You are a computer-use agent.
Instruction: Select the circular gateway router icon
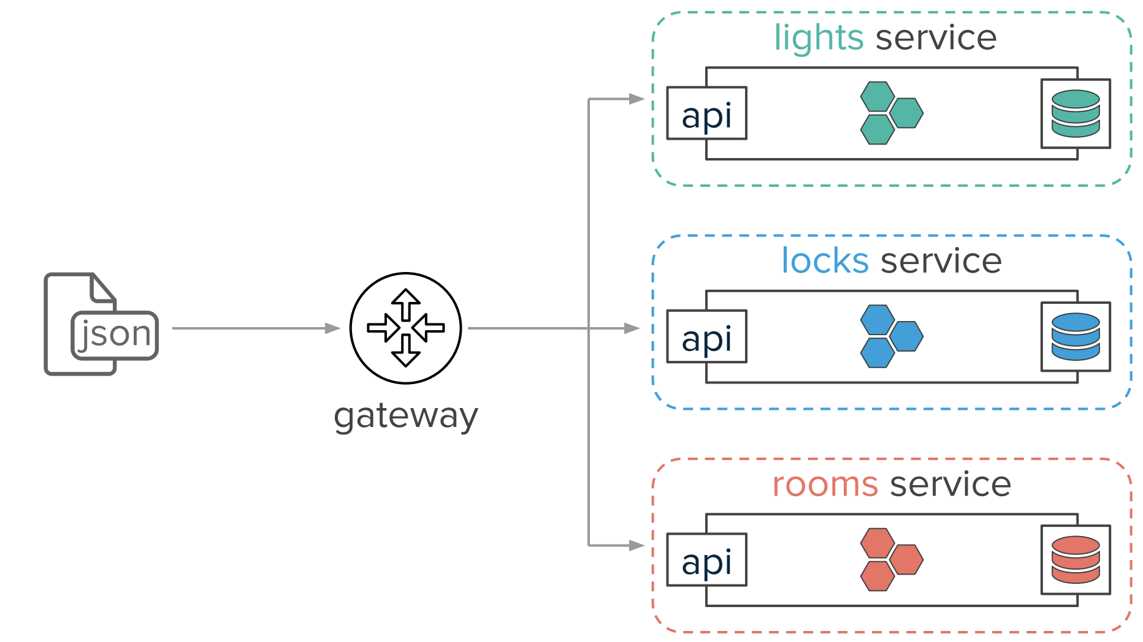(406, 328)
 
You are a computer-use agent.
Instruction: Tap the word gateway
(406, 417)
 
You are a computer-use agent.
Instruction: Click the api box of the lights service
(707, 113)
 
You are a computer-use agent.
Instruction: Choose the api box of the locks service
(707, 336)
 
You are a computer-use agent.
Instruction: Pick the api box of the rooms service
(707, 560)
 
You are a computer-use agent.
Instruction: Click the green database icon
(1076, 113)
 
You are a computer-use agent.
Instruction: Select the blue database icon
(1076, 336)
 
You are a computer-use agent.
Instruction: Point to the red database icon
(1076, 560)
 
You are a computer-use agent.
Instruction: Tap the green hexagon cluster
(892, 113)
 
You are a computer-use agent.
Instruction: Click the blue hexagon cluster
(892, 336)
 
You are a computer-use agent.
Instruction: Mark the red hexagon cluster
(892, 560)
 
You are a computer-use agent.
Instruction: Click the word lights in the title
(819, 39)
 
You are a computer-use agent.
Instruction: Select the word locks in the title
(825, 260)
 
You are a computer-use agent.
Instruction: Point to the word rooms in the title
(825, 485)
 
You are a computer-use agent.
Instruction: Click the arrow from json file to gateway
(256, 328)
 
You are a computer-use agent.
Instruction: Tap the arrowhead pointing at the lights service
(637, 99)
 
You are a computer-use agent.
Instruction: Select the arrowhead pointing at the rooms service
(637, 545)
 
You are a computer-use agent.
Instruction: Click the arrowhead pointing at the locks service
(632, 328)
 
